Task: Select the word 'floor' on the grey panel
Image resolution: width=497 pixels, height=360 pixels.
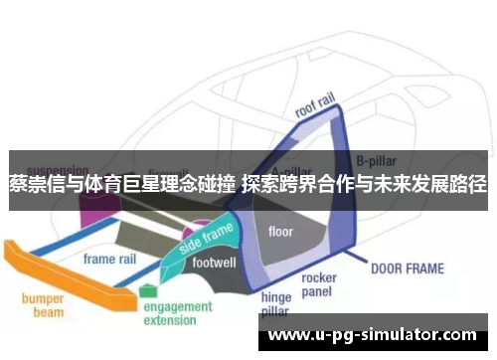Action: (x=280, y=231)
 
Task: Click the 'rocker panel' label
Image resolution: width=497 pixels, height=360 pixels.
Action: (x=319, y=284)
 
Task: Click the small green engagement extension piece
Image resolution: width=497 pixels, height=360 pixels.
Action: (x=148, y=291)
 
